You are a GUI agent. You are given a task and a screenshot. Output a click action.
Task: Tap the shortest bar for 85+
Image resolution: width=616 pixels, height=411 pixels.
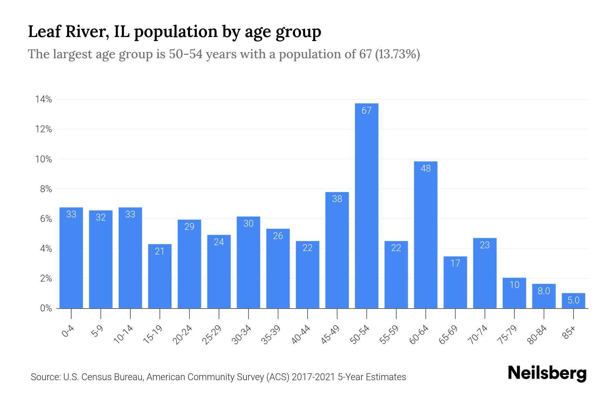pos(573,301)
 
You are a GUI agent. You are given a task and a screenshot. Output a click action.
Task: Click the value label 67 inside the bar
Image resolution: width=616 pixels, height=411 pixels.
pos(367,111)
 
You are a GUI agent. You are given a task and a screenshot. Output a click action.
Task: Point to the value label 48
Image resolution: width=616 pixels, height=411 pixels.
pos(425,169)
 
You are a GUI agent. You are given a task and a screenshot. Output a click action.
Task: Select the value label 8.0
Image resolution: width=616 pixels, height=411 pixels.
pos(544,291)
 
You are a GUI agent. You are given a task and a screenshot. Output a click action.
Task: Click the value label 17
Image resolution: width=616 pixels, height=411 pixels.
pos(455,263)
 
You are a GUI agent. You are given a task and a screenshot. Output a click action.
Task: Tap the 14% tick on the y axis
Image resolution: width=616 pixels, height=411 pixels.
pos(43,100)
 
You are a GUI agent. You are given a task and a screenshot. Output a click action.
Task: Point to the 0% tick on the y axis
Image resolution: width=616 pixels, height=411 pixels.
pos(46,308)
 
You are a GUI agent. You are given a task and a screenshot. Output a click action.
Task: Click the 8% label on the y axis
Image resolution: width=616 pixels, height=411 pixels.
pos(46,189)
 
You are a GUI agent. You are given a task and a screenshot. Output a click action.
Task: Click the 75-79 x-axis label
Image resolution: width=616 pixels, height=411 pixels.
pos(508,335)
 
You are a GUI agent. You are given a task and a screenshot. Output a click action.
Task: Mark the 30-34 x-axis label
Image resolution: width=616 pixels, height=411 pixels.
pos(242,335)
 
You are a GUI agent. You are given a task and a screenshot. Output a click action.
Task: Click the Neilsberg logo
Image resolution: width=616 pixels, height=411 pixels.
pos(547,373)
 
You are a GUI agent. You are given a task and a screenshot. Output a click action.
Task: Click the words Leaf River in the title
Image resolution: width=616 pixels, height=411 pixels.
pos(68,32)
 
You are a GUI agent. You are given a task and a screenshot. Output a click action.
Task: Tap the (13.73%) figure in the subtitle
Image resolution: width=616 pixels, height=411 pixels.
pos(397,54)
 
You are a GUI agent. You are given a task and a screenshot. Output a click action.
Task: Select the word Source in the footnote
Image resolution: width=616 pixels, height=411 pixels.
pos(45,377)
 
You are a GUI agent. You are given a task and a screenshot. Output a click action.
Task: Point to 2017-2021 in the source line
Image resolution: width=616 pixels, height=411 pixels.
pos(313,377)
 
